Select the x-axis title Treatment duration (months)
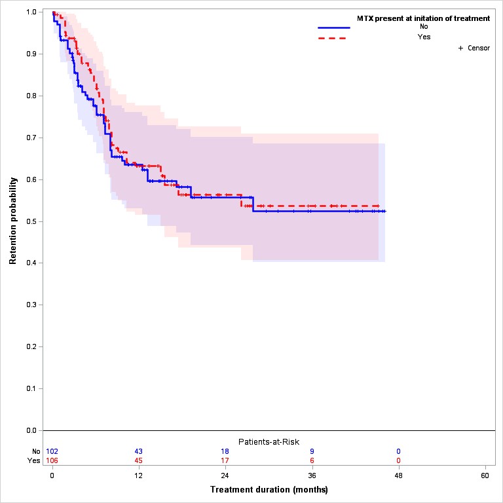tap(269, 490)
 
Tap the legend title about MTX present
tap(423, 18)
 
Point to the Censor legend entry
tap(474, 48)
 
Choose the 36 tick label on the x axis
tap(312, 475)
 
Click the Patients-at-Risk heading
tap(269, 441)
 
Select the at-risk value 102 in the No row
tap(52, 451)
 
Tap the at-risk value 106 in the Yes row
tap(52, 460)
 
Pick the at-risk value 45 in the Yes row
tap(139, 460)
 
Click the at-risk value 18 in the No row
tap(225, 451)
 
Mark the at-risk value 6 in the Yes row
tap(312, 460)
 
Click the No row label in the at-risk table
tap(36, 451)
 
